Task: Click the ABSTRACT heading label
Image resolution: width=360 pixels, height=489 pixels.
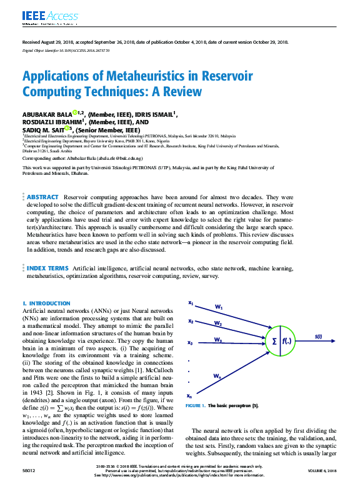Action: click(x=42, y=196)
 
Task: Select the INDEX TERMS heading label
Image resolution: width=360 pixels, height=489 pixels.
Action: click(x=47, y=267)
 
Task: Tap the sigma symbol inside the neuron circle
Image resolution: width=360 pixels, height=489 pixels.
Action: click(x=273, y=341)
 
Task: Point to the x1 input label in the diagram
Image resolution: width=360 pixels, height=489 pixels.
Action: click(x=191, y=304)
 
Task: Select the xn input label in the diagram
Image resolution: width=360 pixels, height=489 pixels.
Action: click(x=190, y=396)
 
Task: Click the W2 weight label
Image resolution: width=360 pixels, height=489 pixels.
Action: click(x=217, y=324)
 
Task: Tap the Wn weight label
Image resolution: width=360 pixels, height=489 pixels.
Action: click(x=217, y=376)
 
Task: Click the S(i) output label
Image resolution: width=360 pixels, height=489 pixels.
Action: click(x=319, y=337)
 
